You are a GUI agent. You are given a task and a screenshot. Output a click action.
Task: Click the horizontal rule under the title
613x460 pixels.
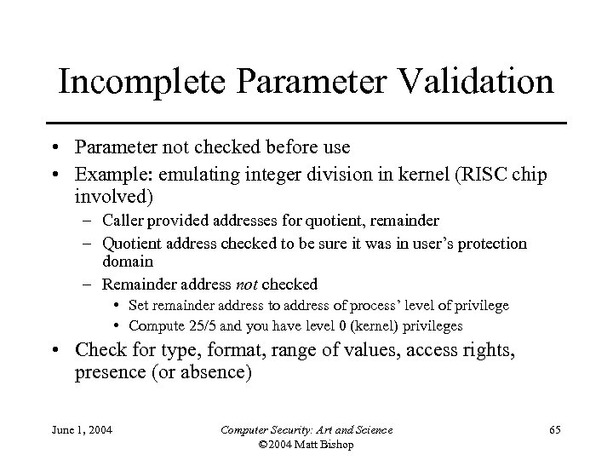pos(306,123)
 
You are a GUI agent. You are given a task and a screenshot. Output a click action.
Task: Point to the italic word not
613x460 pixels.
pos(248,284)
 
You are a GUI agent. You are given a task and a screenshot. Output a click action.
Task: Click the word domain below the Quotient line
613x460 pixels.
pos(128,262)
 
